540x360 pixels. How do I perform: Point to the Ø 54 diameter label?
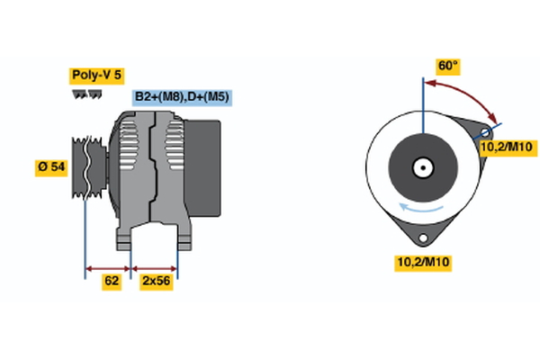pos(51,168)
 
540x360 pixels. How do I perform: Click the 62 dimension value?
pos(112,281)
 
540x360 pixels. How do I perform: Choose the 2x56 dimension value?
pos(156,281)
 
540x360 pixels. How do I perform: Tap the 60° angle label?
pos(448,66)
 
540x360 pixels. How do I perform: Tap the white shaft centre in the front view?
pos(420,167)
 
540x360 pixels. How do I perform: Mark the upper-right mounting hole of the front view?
pos(486,135)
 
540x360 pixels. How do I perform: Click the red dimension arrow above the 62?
pos(108,268)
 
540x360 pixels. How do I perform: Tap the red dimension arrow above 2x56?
pos(155,268)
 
